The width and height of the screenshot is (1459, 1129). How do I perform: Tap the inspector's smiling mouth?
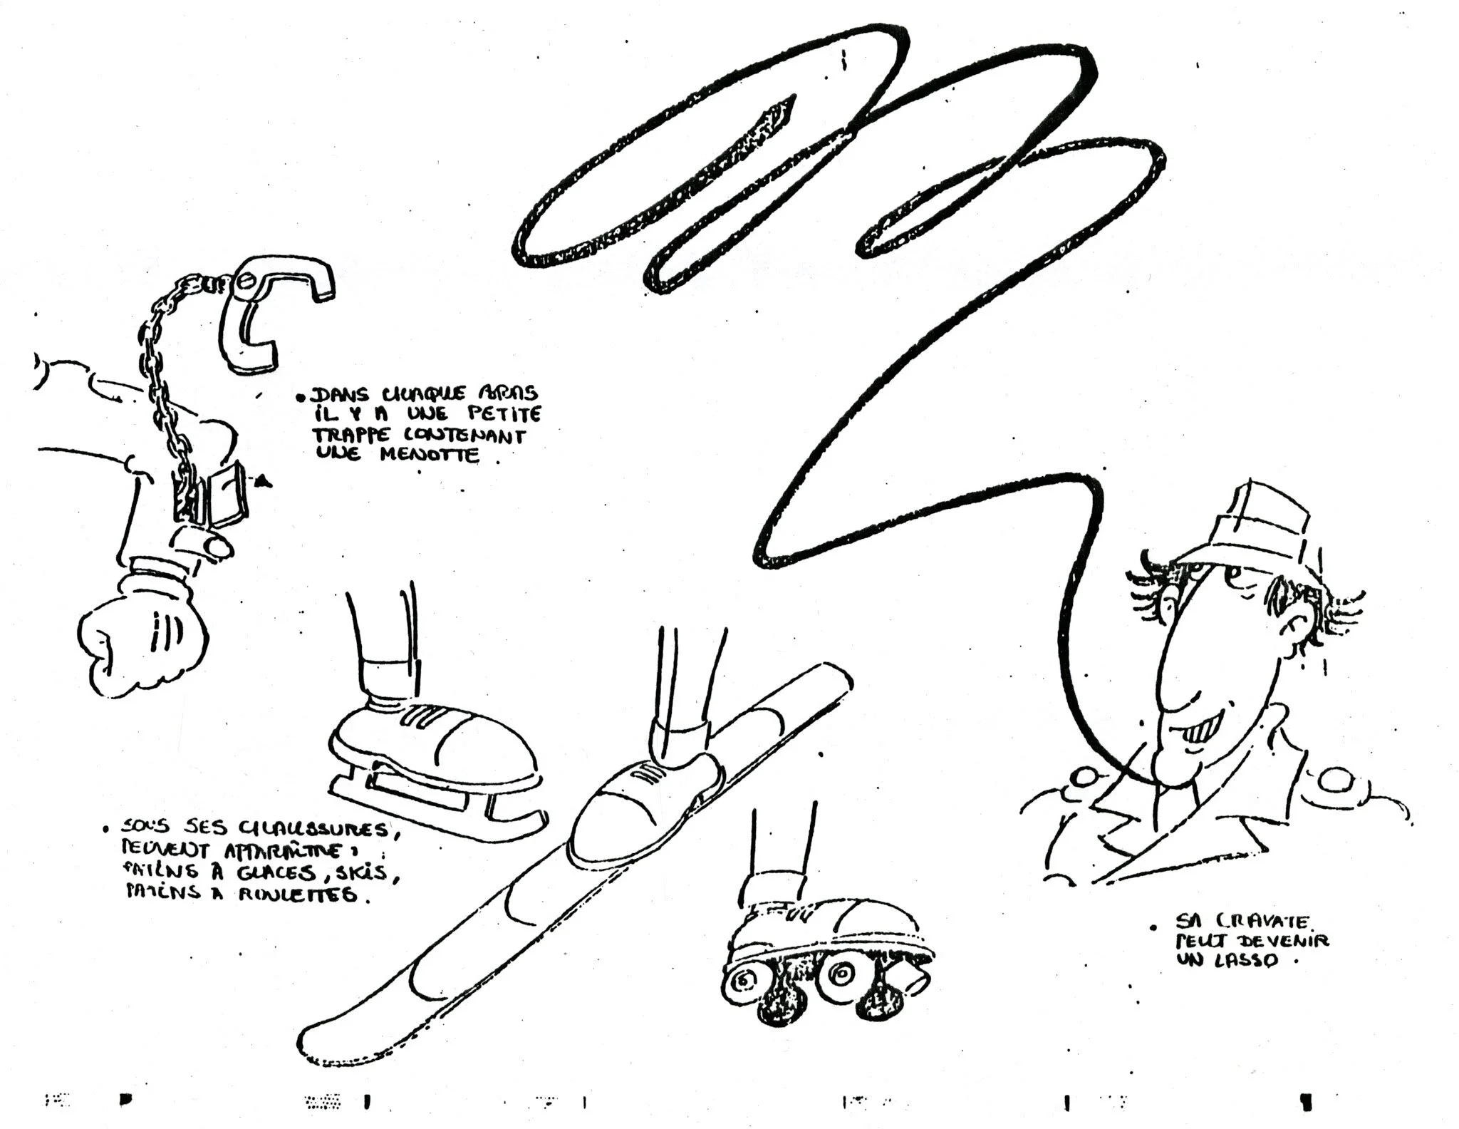click(x=1204, y=731)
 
